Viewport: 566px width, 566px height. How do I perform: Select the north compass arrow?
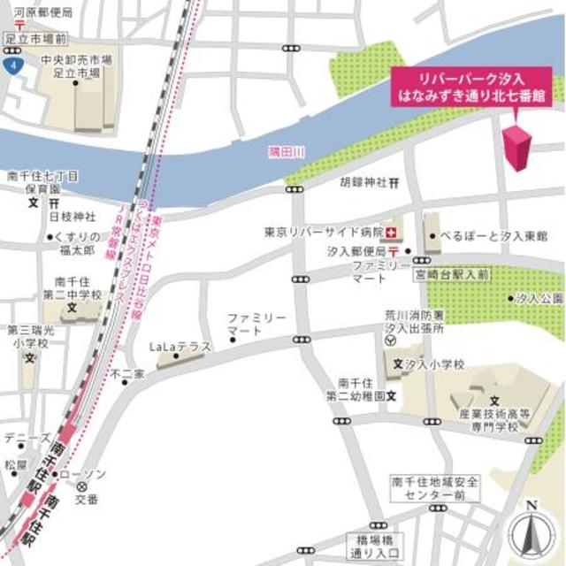[530, 530]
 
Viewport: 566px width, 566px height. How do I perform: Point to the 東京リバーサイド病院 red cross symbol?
[393, 232]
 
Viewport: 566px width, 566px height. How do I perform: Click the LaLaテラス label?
[180, 347]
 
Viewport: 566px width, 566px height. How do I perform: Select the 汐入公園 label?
[539, 299]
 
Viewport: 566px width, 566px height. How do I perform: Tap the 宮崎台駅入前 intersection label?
[451, 275]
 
